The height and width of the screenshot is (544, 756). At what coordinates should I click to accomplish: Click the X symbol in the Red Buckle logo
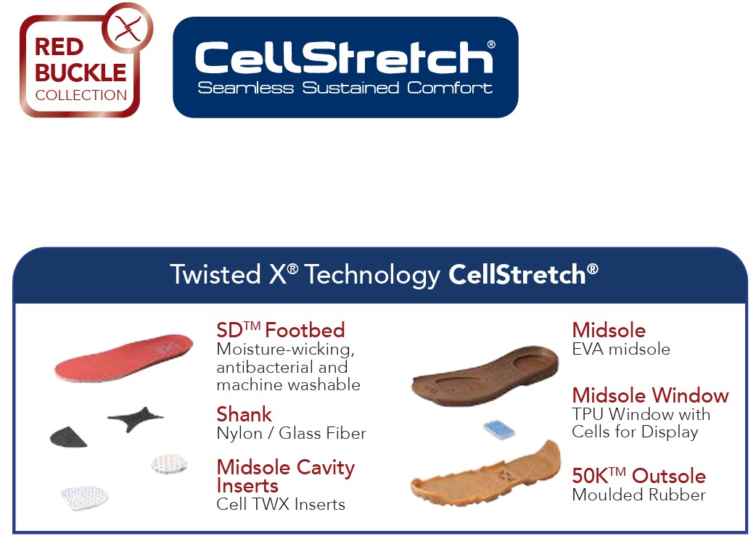coord(128,29)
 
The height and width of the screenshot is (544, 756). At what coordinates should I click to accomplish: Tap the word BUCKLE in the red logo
coord(81,73)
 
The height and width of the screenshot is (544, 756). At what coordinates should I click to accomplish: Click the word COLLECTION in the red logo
coord(81,95)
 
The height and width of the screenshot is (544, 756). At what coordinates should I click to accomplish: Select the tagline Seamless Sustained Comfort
coord(345,88)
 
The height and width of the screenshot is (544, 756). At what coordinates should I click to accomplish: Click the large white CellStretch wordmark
coord(344,57)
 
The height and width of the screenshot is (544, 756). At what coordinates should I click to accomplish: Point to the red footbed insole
coord(123,357)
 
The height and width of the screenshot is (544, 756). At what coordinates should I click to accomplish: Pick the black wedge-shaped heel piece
coord(68,436)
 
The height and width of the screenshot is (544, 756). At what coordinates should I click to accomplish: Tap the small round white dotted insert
coord(169,463)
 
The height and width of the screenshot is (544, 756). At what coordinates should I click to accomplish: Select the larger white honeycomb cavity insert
coord(84,498)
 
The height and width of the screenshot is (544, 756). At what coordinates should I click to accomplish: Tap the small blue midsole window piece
coord(499,429)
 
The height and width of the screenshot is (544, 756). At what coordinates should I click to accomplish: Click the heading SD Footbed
coord(281,330)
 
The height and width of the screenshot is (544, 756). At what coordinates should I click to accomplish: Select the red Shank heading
coord(244,414)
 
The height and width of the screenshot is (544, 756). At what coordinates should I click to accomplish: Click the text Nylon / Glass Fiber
coord(291,433)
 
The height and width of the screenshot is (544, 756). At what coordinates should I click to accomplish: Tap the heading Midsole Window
coord(650,395)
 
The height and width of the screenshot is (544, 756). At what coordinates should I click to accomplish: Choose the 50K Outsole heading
coord(639,476)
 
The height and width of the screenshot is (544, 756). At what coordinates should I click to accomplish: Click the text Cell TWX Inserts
coord(281,504)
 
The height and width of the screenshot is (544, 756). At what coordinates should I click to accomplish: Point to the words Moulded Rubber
coord(639,495)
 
